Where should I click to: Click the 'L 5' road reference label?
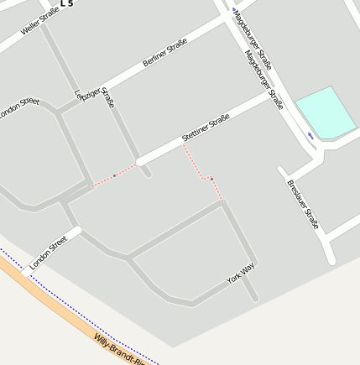(67, 3)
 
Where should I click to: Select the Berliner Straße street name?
(164, 52)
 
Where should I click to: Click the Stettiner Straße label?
(206, 127)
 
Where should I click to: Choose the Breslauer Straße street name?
(303, 205)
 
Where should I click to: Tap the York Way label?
(240, 273)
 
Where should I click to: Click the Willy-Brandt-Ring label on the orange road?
(120, 349)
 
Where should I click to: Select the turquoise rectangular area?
(326, 112)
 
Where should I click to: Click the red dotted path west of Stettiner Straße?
(117, 175)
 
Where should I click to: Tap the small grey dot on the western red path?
(114, 175)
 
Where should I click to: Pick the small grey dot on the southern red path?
(211, 179)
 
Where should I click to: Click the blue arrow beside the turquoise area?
(311, 135)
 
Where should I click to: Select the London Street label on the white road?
(48, 253)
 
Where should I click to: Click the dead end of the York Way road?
(253, 297)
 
